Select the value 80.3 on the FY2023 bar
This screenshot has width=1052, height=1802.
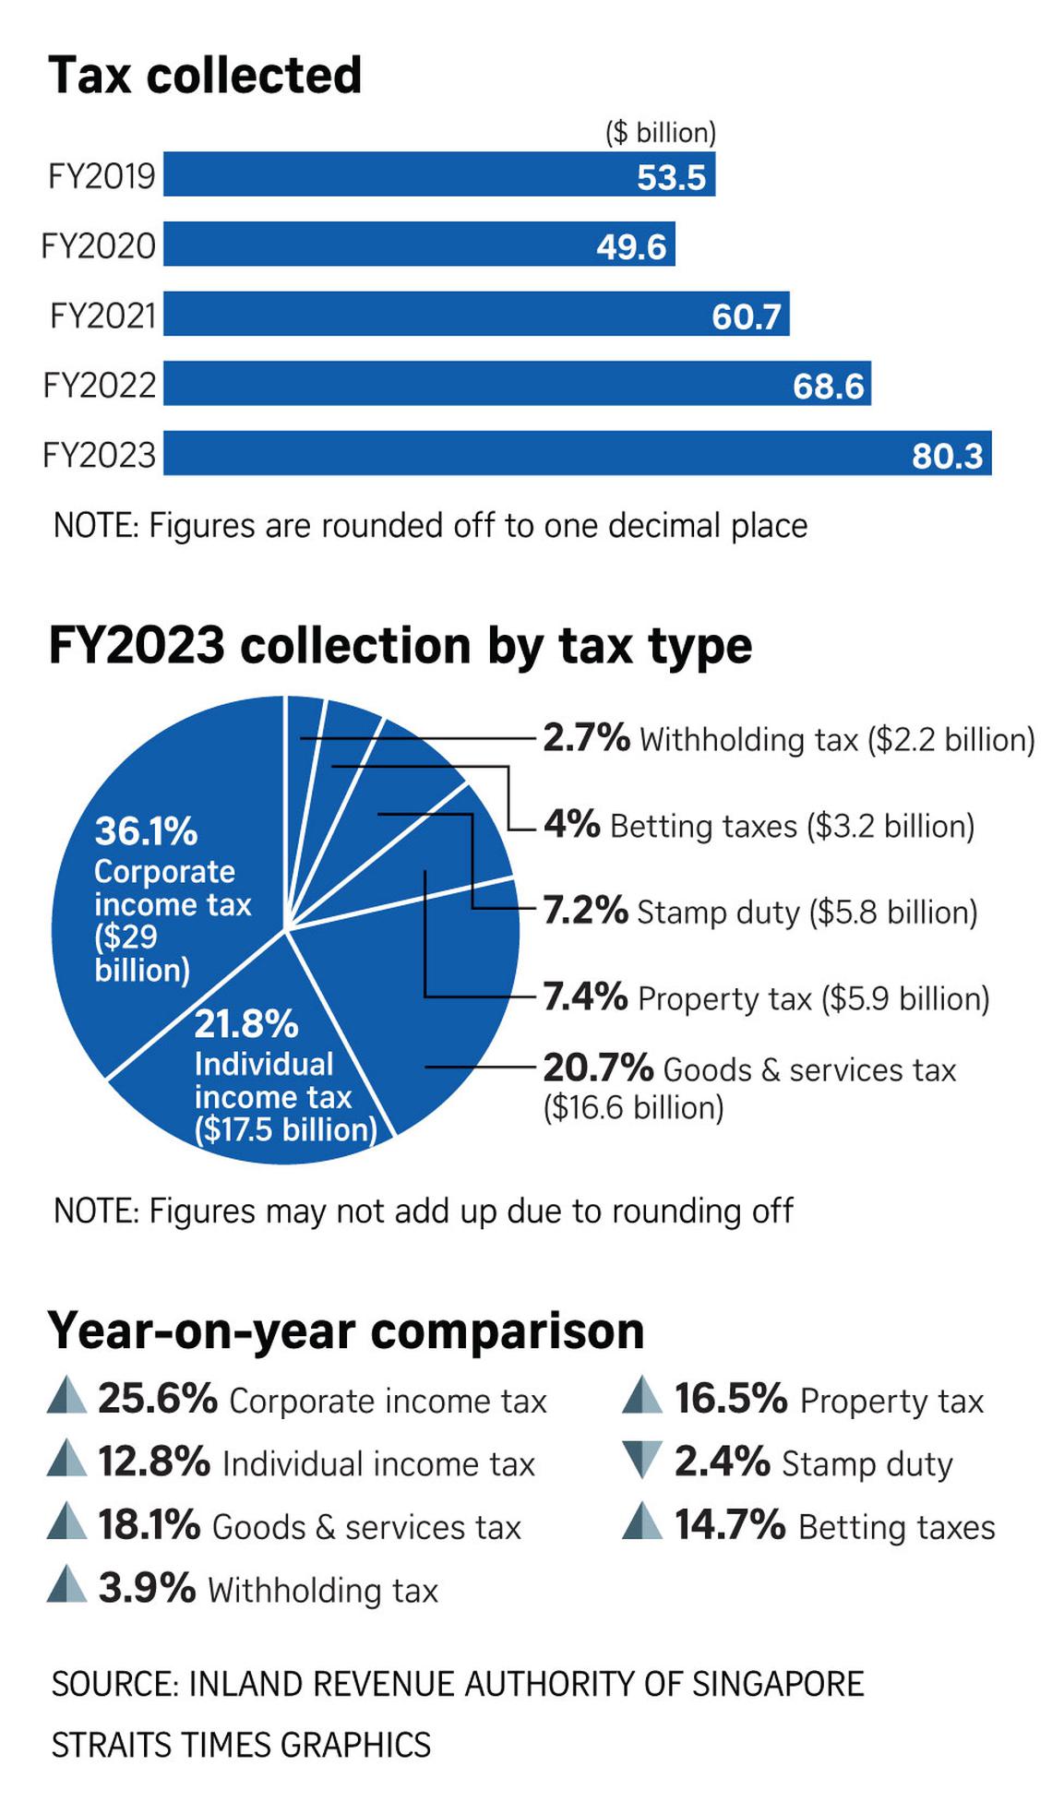pyautogui.click(x=947, y=455)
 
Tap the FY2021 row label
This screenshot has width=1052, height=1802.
pyautogui.click(x=102, y=316)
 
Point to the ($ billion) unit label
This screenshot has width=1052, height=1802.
pyautogui.click(x=661, y=133)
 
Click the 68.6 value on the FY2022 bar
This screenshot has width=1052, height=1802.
pyautogui.click(x=828, y=386)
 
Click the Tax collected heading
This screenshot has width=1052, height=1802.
pyautogui.click(x=205, y=76)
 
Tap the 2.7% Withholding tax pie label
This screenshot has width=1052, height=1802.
pyautogui.click(x=788, y=739)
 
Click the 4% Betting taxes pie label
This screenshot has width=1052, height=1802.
pyautogui.click(x=759, y=825)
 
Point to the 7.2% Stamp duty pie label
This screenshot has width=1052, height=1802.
pyautogui.click(x=759, y=912)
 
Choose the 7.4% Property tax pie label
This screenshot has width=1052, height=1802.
pyautogui.click(x=766, y=997)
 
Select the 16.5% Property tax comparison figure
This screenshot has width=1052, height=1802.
pyautogui.click(x=829, y=1400)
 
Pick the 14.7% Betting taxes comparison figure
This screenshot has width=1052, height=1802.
pyautogui.click(x=834, y=1526)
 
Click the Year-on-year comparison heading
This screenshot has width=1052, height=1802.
pyautogui.click(x=346, y=1331)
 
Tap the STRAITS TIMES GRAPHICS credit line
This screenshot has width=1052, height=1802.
pyautogui.click(x=242, y=1745)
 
